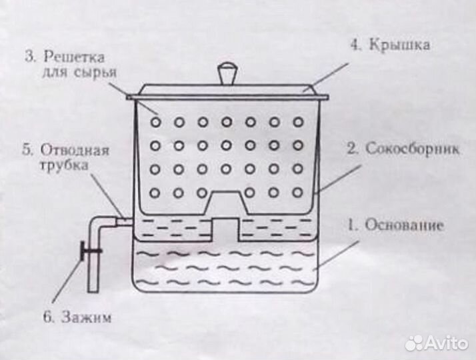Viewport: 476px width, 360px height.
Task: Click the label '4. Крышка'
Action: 391,46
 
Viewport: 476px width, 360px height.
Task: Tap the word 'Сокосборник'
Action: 412,149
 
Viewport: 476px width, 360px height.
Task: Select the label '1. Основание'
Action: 395,225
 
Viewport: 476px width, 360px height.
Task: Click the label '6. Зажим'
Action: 77,317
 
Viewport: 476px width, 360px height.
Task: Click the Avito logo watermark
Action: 437,343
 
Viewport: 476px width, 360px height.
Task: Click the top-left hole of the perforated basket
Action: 155,122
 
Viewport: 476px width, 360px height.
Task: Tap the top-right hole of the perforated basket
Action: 298,122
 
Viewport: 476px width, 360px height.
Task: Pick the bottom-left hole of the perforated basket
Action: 155,192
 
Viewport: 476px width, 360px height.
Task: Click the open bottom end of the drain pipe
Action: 94,291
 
